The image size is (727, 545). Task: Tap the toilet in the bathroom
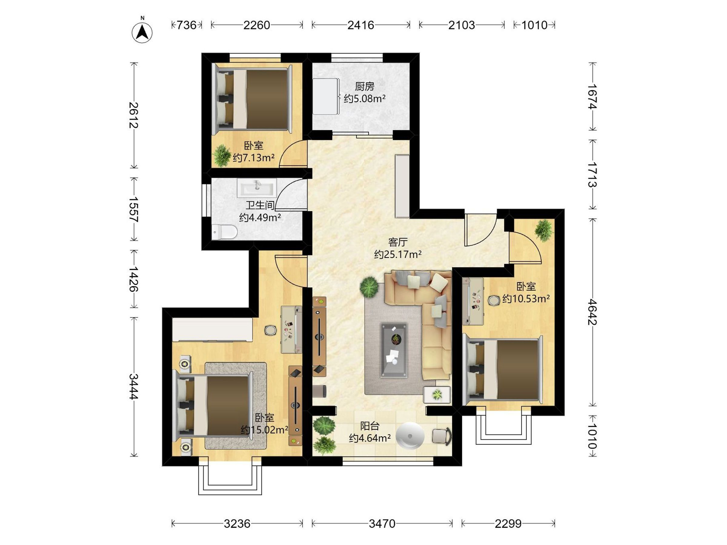224,232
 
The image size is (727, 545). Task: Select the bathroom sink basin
257,188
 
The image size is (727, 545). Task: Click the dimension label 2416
361,25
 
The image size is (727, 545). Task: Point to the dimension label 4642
592,312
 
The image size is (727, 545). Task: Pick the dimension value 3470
382,524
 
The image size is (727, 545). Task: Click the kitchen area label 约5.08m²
364,98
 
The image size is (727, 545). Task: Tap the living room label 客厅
398,242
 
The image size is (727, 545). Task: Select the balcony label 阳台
370,426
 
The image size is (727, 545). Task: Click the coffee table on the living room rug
394,350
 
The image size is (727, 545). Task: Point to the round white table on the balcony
410,436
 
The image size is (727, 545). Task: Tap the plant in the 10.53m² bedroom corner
544,230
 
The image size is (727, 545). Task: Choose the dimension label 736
186,25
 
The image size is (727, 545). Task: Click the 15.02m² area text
264,430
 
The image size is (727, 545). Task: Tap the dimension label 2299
508,524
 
